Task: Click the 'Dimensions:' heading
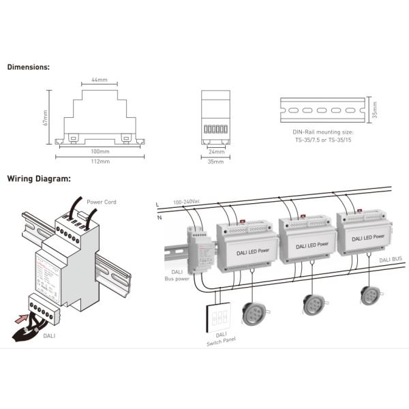click(x=28, y=67)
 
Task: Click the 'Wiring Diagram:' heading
click(x=39, y=179)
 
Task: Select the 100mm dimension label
click(x=100, y=151)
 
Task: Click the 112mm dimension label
click(x=100, y=162)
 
